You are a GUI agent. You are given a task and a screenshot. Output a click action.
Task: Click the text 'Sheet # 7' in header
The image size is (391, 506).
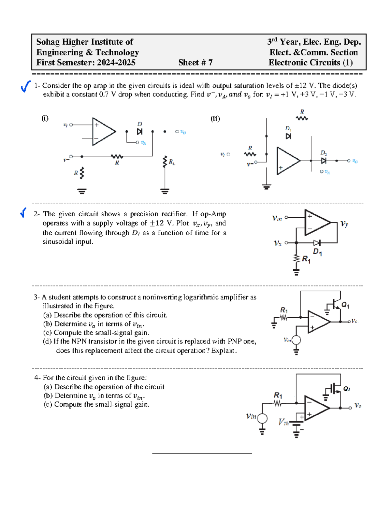195,63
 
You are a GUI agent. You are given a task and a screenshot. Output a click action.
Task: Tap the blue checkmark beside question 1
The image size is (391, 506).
25,87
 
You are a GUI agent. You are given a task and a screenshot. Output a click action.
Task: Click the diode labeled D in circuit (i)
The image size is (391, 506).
140,132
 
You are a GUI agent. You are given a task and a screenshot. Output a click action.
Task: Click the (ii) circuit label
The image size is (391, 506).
215,119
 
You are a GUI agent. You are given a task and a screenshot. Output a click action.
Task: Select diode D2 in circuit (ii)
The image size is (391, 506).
324,161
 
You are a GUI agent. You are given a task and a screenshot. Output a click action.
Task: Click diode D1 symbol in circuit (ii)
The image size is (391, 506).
288,136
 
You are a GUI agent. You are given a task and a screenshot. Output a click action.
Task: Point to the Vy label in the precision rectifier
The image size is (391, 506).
344,224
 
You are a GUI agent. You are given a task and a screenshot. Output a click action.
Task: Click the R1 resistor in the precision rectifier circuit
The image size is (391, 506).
296,259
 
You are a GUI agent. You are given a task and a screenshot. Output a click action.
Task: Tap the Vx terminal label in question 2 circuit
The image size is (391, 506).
278,243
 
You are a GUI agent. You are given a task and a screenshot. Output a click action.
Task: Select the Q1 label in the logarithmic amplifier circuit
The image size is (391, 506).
345,305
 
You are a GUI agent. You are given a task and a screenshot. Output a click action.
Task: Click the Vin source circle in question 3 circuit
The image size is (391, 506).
296,340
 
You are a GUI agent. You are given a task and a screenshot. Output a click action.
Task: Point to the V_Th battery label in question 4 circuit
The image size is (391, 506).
283,422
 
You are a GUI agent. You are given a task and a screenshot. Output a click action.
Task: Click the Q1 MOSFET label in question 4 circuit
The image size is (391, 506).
346,389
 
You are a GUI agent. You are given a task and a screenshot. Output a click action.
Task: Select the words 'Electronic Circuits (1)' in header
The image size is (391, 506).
311,63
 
